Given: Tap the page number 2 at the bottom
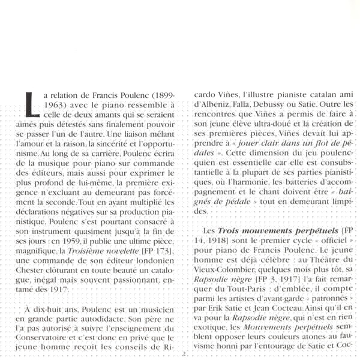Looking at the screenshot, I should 184,354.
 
